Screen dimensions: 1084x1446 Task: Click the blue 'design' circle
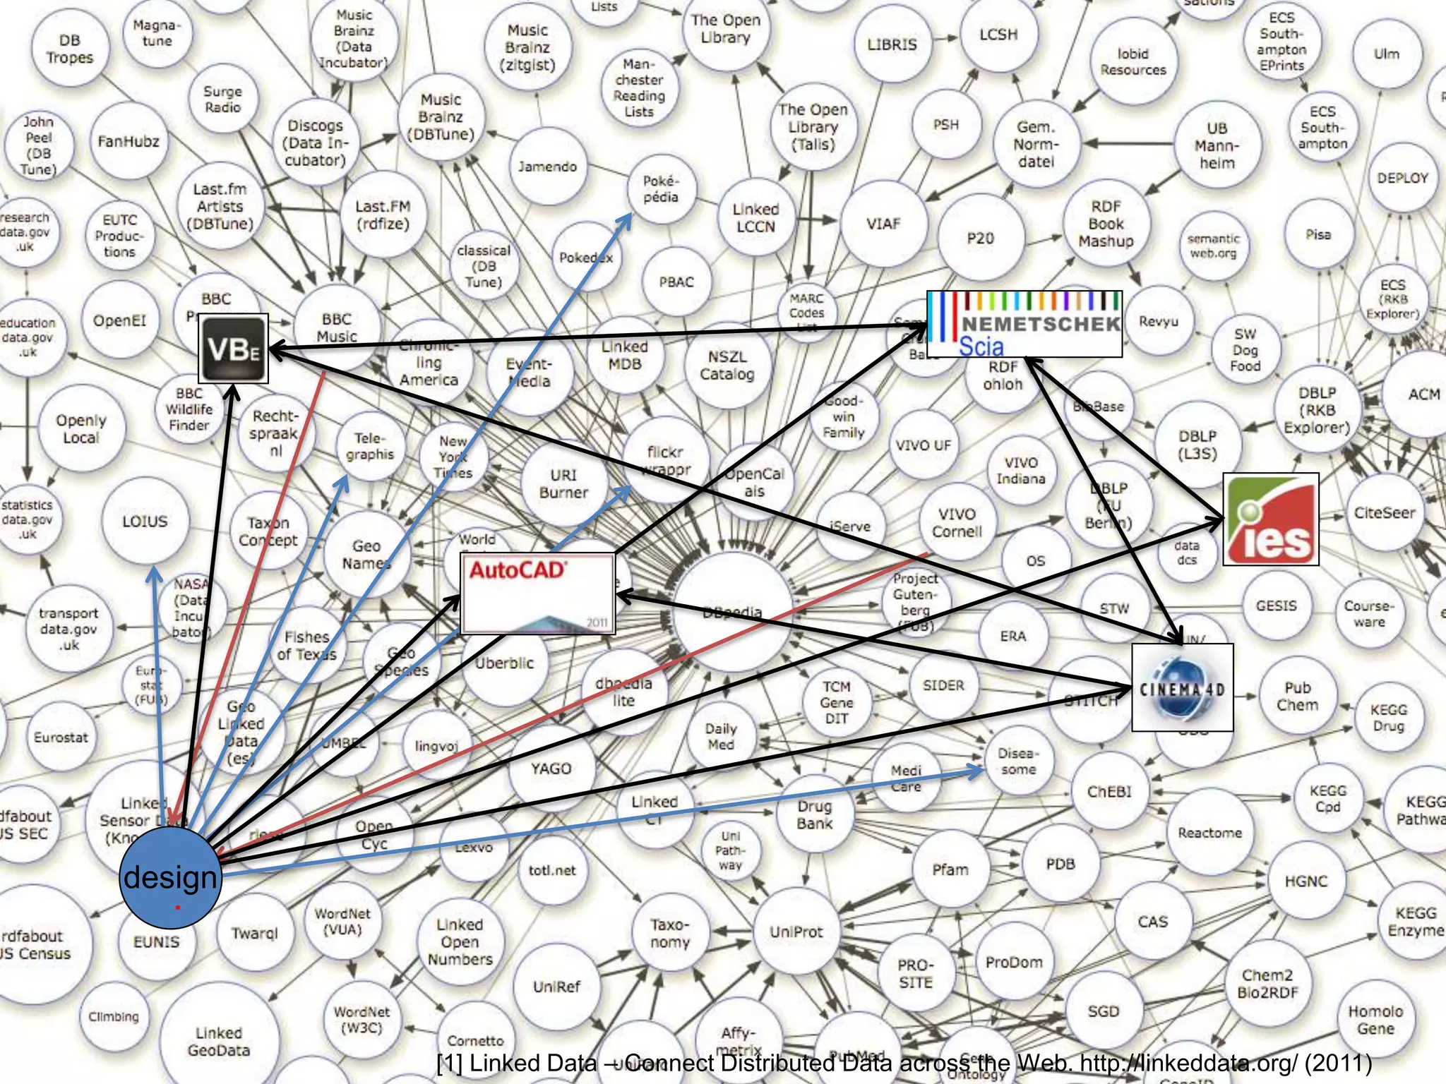click(x=170, y=877)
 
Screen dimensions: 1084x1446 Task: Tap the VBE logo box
click(x=234, y=349)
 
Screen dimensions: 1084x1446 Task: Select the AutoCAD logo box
click(x=537, y=594)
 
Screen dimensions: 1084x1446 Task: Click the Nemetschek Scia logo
click(x=1024, y=324)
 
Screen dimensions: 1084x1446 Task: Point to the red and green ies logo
click(x=1270, y=519)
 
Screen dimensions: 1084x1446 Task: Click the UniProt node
click(x=796, y=932)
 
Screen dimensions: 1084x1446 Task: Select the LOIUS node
click(x=145, y=522)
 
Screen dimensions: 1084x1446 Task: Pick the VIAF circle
click(x=883, y=224)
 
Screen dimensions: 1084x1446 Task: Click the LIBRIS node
click(x=892, y=44)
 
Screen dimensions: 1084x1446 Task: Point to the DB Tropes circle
click(x=69, y=49)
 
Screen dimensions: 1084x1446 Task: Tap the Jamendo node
click(x=547, y=167)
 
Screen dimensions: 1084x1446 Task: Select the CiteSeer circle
click(x=1385, y=513)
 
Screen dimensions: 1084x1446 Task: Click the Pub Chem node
click(x=1297, y=697)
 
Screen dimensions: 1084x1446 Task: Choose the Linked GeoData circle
click(x=218, y=1041)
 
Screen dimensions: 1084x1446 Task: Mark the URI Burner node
click(x=563, y=484)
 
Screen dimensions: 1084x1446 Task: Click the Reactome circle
click(x=1209, y=833)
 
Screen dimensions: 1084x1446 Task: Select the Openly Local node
click(x=81, y=428)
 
